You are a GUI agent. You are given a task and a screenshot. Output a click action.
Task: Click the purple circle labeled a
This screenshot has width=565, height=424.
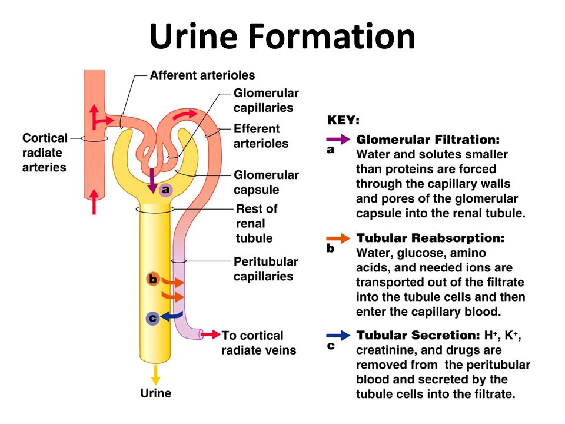click(165, 190)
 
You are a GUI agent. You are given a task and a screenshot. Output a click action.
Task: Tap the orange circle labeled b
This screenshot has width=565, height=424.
click(153, 279)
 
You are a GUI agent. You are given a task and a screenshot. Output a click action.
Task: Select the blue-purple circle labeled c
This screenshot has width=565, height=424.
click(153, 319)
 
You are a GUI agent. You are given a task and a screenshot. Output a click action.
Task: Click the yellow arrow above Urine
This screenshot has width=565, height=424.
click(155, 375)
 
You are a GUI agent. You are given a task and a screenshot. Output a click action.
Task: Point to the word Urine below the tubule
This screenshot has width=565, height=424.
click(155, 393)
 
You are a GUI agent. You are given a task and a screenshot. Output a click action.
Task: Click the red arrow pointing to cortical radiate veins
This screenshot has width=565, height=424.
click(211, 334)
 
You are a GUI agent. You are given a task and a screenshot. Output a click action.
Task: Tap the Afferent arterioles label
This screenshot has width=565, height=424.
click(202, 75)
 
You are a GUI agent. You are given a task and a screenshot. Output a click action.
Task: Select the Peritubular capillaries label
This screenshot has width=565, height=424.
click(265, 269)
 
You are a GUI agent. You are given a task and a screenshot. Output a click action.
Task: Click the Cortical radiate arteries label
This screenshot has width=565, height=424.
click(45, 153)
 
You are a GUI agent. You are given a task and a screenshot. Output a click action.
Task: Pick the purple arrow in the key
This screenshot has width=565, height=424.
click(338, 139)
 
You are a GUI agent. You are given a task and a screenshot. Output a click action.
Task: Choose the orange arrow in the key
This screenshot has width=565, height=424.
click(338, 238)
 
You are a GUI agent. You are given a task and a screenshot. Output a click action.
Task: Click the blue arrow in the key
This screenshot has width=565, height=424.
click(338, 336)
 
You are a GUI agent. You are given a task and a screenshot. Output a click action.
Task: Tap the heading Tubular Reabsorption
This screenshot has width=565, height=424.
click(431, 238)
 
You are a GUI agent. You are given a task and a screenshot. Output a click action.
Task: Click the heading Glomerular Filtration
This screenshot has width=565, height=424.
click(428, 140)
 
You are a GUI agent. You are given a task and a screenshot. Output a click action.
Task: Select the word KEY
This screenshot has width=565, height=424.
click(343, 120)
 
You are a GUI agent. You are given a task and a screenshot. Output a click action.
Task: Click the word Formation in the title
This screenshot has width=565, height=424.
click(332, 36)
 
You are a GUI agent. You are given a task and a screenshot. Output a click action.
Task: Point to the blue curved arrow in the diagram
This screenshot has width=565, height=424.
click(172, 316)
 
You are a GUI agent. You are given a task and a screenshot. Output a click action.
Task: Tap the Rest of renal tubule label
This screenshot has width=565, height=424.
click(257, 224)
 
